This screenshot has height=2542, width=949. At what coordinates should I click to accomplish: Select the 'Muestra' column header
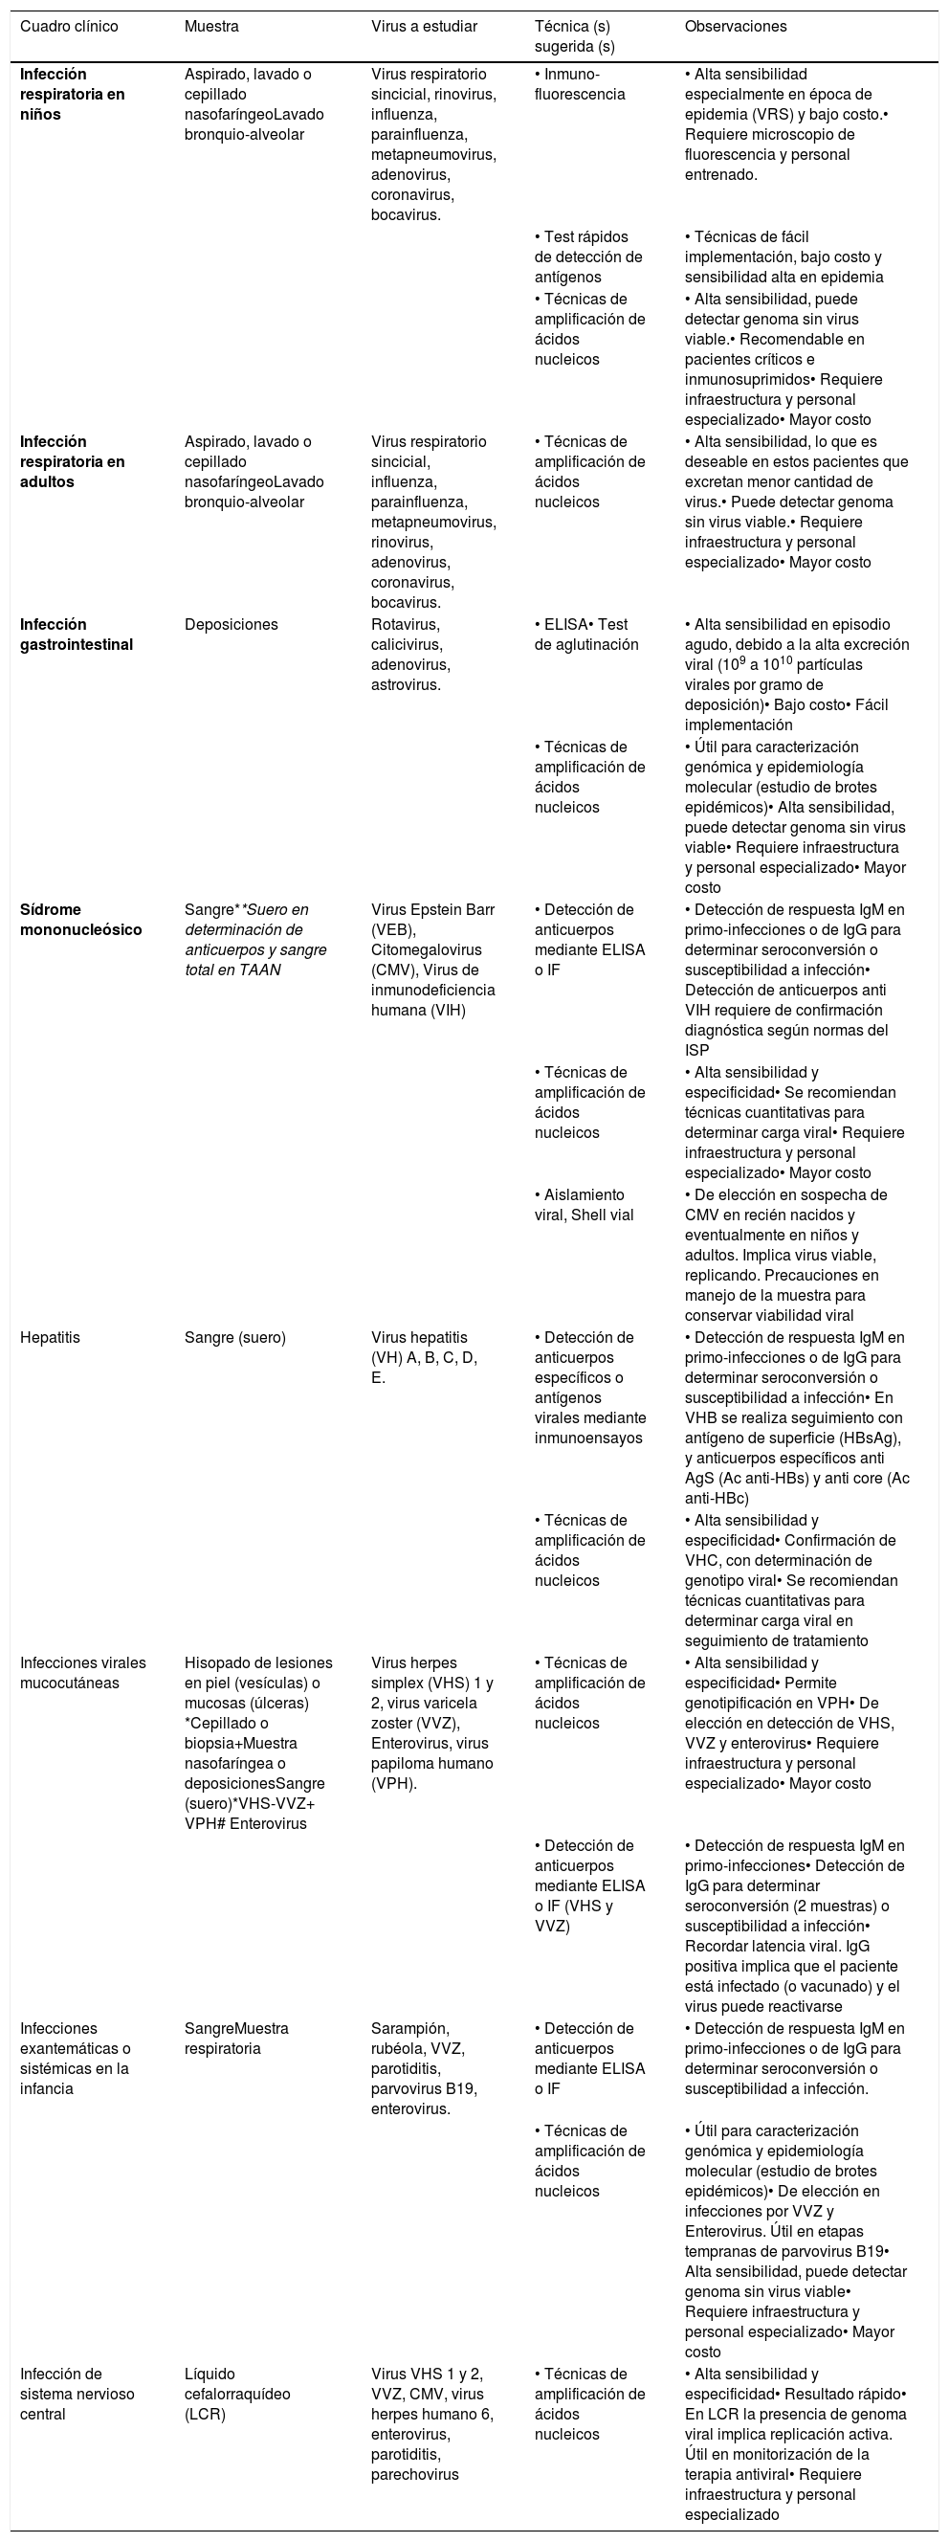pyautogui.click(x=211, y=27)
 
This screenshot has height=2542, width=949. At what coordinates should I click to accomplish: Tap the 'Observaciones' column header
pyautogui.click(x=735, y=27)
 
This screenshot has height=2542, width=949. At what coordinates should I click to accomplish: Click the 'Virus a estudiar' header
pyautogui.click(x=423, y=27)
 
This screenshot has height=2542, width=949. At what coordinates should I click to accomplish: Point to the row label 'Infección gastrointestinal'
pyautogui.click(x=76, y=635)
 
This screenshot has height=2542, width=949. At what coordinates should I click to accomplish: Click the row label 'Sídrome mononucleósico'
pyautogui.click(x=81, y=920)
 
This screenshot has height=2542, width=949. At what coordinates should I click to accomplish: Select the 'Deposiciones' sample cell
pyautogui.click(x=231, y=625)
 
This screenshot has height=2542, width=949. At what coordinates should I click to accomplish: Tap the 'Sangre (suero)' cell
pyautogui.click(x=234, y=1337)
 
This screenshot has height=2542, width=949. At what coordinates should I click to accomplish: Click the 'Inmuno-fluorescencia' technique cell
pyautogui.click(x=579, y=84)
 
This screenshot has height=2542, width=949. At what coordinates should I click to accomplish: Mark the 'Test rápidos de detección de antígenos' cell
pyautogui.click(x=588, y=256)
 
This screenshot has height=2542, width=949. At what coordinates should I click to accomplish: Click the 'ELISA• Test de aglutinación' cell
pyautogui.click(x=586, y=635)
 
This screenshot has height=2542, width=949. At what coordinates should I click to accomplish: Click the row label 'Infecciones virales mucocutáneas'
pyautogui.click(x=83, y=1673)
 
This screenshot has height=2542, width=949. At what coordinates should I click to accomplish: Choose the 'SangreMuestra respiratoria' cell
pyautogui.click(x=236, y=2039)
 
